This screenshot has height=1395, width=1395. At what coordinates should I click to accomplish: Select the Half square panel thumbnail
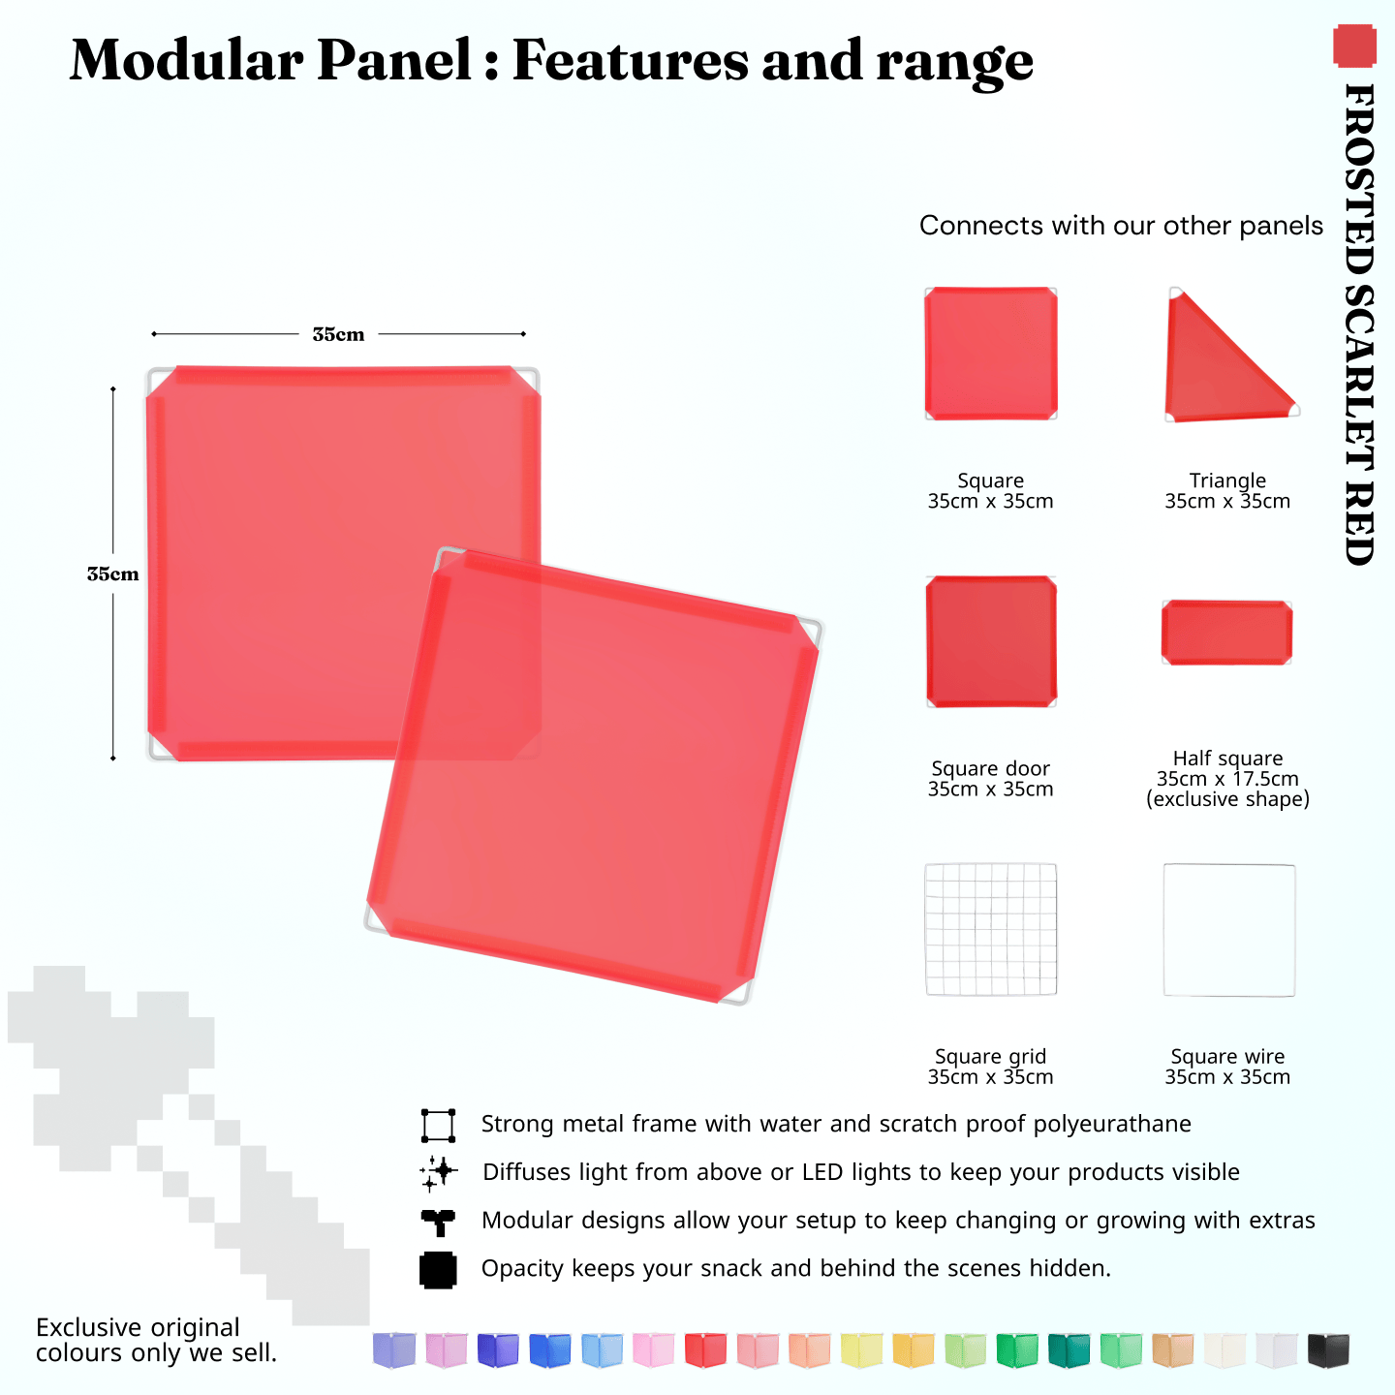tap(1226, 633)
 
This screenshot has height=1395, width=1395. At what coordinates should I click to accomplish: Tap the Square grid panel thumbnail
tap(990, 929)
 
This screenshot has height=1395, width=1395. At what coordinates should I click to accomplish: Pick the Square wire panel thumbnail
tap(1228, 930)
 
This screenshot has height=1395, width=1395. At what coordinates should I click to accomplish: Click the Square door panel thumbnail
tap(990, 641)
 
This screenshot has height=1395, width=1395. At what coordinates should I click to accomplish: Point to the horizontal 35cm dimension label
tap(338, 334)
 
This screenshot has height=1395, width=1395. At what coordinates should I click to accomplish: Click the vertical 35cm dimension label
tap(112, 573)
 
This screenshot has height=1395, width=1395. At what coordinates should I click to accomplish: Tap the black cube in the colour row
tap(1327, 1349)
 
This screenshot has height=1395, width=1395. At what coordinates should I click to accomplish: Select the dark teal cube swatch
tap(1069, 1349)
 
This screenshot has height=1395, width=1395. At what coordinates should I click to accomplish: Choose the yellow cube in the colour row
tap(861, 1349)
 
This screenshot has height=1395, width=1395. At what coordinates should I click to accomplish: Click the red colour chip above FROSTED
tap(1354, 46)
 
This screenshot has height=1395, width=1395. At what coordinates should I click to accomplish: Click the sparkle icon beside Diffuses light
tap(438, 1172)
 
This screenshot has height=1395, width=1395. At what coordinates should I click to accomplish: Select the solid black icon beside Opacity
tap(438, 1270)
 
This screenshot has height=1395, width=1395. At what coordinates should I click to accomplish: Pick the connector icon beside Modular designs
tap(438, 1222)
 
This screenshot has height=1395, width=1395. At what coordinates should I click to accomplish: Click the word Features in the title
tap(630, 60)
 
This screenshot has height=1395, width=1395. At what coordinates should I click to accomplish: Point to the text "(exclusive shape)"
tap(1227, 799)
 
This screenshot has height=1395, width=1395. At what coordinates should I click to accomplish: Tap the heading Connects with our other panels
tap(1121, 226)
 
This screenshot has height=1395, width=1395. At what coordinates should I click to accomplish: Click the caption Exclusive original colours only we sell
tap(156, 1340)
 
